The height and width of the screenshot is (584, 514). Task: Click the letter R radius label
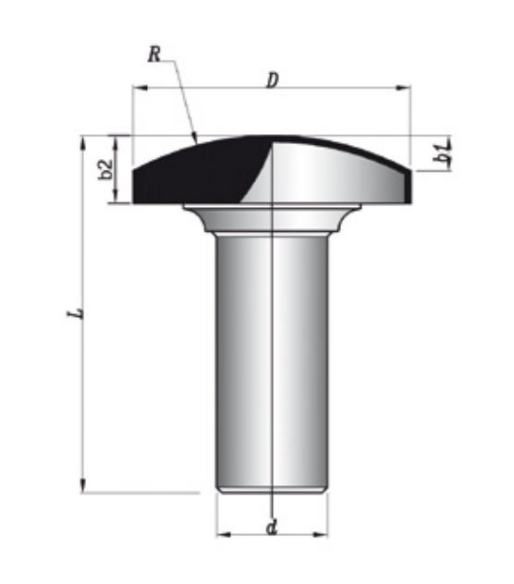click(x=154, y=55)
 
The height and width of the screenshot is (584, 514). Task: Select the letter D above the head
click(x=273, y=80)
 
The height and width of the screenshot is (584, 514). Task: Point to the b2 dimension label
click(x=105, y=169)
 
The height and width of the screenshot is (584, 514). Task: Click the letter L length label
click(x=75, y=312)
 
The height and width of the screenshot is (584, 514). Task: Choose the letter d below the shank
click(x=272, y=528)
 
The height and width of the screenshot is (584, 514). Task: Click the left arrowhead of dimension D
click(x=141, y=88)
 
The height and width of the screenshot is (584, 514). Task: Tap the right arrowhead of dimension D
click(x=403, y=88)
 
